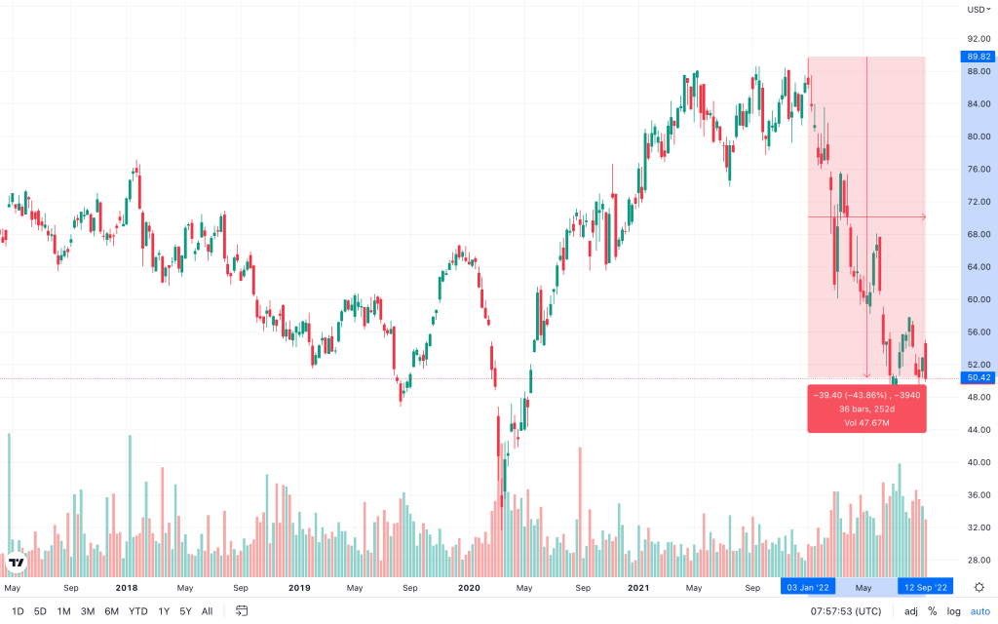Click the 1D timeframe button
(18, 611)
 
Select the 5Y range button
(185, 611)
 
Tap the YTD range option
(138, 611)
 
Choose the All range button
(207, 611)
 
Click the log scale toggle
(954, 611)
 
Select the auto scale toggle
(979, 611)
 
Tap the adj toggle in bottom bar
(910, 611)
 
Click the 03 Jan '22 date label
(807, 588)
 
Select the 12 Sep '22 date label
(925, 588)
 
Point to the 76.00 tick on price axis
(979, 169)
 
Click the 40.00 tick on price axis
(979, 462)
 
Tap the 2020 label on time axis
(469, 588)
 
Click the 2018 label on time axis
(127, 588)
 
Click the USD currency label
(977, 10)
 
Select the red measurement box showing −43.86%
(866, 409)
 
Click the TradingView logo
(16, 563)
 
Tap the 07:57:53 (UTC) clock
(845, 611)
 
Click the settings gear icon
(979, 587)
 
